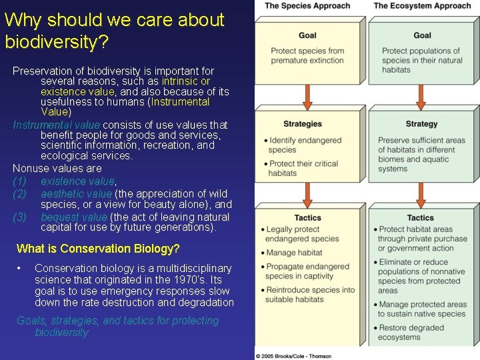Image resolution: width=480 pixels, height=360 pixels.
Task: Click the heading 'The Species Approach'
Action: (307, 6)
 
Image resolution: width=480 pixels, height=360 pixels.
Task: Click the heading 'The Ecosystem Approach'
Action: (422, 6)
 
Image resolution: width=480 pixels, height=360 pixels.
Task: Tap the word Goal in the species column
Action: (307, 35)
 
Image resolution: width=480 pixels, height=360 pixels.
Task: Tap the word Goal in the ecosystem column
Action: (422, 35)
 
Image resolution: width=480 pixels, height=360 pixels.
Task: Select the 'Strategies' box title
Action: (302, 124)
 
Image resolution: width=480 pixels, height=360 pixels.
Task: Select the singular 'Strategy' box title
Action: (421, 124)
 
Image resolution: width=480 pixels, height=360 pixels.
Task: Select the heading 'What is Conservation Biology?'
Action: (98, 249)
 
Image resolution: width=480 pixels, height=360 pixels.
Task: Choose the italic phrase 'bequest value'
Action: (73, 217)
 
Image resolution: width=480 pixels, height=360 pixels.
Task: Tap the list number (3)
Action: (20, 217)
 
